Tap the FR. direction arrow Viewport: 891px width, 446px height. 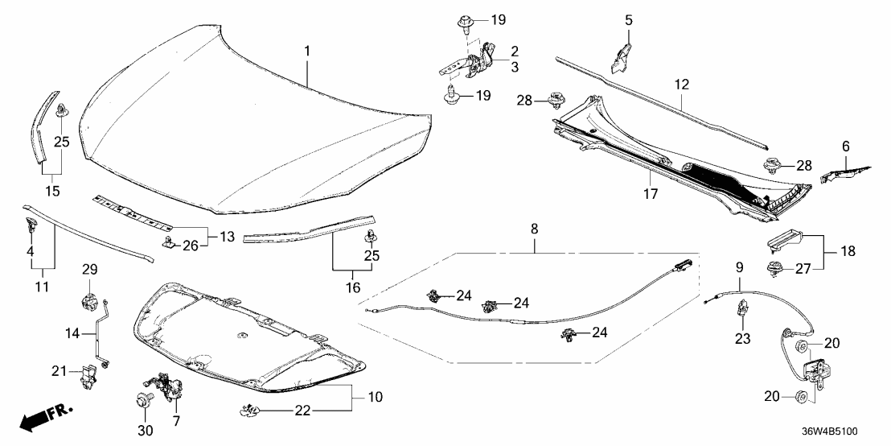pyautogui.click(x=44, y=418)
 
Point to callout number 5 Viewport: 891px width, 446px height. pyautogui.click(x=630, y=19)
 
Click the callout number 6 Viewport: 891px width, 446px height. pyautogui.click(x=845, y=146)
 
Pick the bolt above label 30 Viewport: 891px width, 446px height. pyautogui.click(x=146, y=399)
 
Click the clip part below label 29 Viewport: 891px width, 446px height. pyautogui.click(x=88, y=304)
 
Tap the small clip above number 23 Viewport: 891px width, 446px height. pyautogui.click(x=744, y=308)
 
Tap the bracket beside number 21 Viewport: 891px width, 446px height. pyautogui.click(x=89, y=373)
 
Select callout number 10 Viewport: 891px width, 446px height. pyautogui.click(x=375, y=398)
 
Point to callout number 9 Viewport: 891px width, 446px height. pyautogui.click(x=740, y=266)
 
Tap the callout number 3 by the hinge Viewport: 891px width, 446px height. pyautogui.click(x=514, y=68)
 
